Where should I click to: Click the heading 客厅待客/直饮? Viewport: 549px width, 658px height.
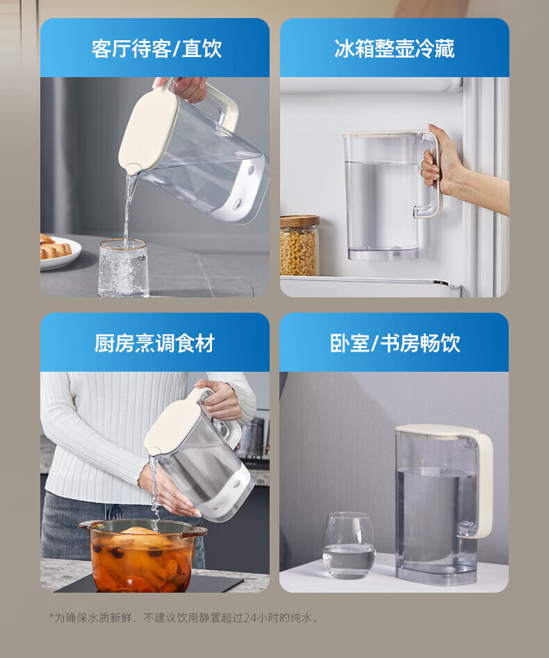[x=156, y=49]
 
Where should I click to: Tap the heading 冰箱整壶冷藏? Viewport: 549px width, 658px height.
[x=394, y=49]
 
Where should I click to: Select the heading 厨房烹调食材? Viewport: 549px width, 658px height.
[x=154, y=343]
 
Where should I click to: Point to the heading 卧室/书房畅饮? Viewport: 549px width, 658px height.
[x=395, y=343]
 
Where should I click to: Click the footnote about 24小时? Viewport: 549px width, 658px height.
[x=184, y=618]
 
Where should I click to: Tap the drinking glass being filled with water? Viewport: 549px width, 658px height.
[x=124, y=268]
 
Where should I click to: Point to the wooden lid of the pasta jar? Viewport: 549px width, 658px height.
[x=300, y=221]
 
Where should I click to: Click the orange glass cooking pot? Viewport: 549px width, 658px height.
[x=142, y=554]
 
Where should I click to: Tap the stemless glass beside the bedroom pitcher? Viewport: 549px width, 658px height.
[x=349, y=545]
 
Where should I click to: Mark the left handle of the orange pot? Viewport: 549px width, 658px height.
[x=85, y=525]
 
